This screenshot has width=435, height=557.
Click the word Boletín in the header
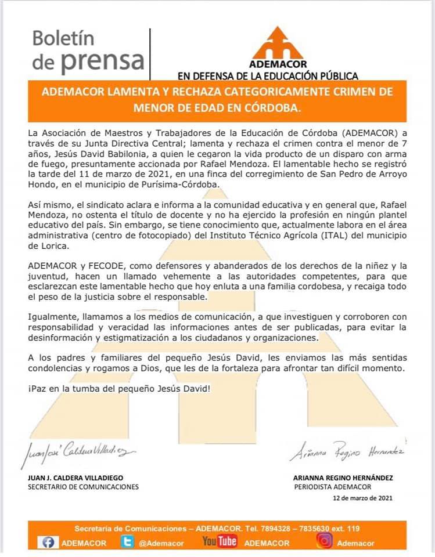pyautogui.click(x=63, y=39)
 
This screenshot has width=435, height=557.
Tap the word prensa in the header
pyautogui.click(x=103, y=60)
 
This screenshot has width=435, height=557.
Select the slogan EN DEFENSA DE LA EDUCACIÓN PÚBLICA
pyautogui.click(x=268, y=75)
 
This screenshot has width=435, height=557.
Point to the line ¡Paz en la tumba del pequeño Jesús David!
pyautogui.click(x=118, y=387)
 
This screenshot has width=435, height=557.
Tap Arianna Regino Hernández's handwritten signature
pyautogui.click(x=347, y=453)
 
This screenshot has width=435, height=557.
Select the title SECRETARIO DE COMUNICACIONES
pyautogui.click(x=83, y=487)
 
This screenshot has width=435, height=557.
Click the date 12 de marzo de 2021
pyautogui.click(x=362, y=498)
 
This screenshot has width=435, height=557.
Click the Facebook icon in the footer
pyautogui.click(x=48, y=542)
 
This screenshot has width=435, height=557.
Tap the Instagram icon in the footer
pyautogui.click(x=324, y=541)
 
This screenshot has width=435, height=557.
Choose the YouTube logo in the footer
pyautogui.click(x=220, y=541)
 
